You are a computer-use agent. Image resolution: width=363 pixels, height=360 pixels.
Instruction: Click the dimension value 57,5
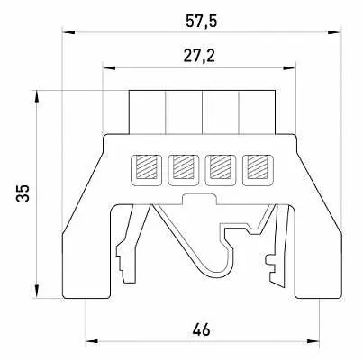point(201,22)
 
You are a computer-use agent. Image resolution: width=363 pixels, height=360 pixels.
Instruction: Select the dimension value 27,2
point(199,56)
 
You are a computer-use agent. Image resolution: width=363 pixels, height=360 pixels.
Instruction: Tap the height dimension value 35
point(23,193)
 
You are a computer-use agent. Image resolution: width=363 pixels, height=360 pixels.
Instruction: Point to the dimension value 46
point(201,329)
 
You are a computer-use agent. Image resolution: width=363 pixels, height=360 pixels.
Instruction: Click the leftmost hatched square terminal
point(146,166)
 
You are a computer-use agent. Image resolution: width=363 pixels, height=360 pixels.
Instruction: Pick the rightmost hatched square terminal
point(258,166)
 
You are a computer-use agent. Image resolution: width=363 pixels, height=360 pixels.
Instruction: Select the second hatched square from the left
point(184,166)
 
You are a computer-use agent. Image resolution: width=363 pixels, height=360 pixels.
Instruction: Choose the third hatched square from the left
point(221,166)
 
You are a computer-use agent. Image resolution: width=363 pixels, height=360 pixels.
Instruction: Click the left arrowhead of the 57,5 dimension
point(68,32)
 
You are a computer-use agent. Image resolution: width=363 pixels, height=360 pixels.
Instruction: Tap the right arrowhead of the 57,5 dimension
point(334,32)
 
